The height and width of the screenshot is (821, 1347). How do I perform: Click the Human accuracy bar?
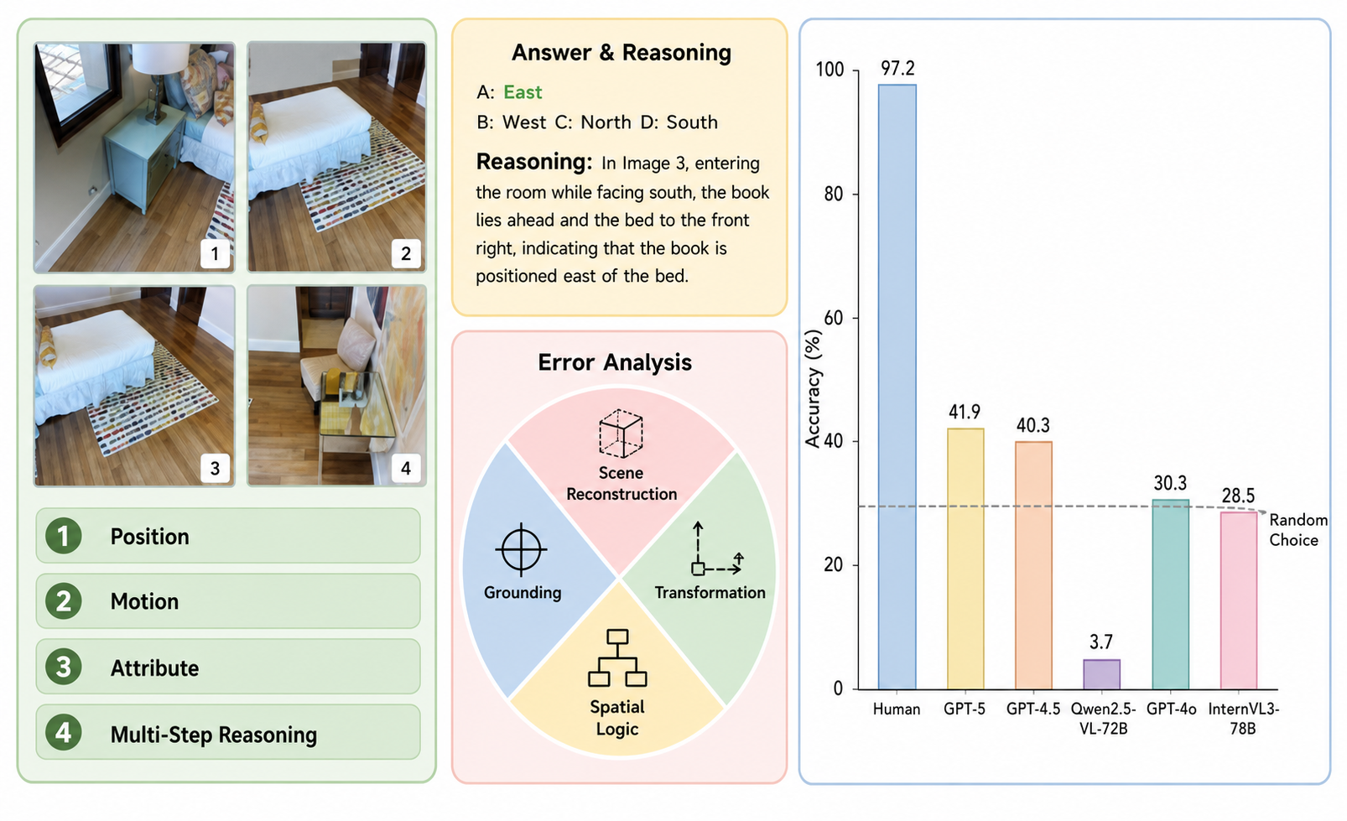point(897,387)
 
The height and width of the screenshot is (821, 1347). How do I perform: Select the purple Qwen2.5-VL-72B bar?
point(1101,674)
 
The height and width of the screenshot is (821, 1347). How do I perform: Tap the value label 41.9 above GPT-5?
point(965,412)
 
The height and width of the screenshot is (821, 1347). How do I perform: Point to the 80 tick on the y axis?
point(834,194)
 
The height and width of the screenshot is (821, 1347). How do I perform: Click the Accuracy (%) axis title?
point(813,388)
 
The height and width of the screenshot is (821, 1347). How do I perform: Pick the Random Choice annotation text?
point(1298,530)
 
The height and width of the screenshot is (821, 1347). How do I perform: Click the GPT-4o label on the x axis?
point(1171,709)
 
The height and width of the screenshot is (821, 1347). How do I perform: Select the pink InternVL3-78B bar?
point(1239,600)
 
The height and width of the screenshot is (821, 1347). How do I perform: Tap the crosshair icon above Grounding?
point(522,548)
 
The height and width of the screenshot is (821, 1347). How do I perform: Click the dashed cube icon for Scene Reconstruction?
point(621,433)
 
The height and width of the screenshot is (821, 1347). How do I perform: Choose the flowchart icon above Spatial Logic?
point(617,658)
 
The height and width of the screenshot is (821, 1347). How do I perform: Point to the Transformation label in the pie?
point(710,592)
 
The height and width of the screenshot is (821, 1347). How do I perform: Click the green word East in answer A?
point(523,92)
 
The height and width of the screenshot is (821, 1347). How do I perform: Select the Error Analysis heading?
point(615,362)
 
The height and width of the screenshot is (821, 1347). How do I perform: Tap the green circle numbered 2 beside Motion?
point(64,600)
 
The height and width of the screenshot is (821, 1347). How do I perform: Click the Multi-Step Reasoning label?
point(214,735)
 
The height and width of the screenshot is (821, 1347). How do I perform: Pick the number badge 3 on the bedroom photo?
point(215,468)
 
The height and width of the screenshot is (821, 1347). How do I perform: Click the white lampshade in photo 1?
point(161,59)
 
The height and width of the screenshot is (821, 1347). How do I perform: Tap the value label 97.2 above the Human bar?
point(897,69)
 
